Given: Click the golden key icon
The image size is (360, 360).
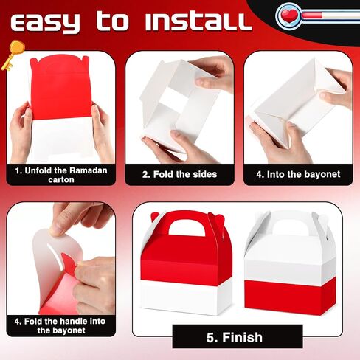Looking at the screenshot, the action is pos(13,55).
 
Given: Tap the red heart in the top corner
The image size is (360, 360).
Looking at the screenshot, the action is pos(288,15).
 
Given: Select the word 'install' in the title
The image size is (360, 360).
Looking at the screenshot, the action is pos(198,21).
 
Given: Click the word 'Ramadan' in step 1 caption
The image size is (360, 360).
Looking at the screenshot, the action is pos(89,170).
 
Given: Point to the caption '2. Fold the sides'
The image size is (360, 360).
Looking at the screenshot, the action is pos(179,174).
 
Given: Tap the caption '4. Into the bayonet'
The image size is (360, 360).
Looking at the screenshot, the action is pos(298,174).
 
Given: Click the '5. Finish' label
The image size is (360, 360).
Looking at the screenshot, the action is pos(235,337).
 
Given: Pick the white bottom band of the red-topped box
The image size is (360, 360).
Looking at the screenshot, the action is pos(186,298).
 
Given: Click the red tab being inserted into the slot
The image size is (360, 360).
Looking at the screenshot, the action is pos(69,263).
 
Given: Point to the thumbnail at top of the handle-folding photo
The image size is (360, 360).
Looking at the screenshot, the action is pos(55,231).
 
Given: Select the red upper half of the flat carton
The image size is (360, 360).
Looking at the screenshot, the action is pos(60,87).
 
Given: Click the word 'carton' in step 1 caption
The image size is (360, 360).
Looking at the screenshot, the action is pos(61,179).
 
